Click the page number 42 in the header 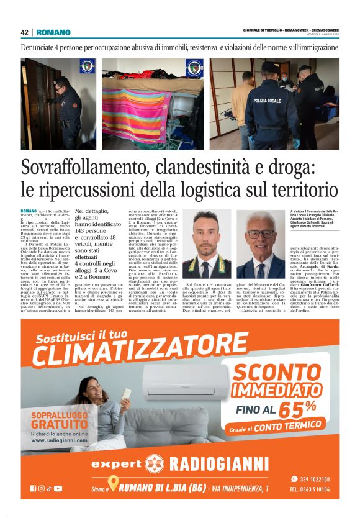click(25, 32)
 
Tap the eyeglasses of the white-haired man click(261, 234)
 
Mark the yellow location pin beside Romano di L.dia click(112, 484)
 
